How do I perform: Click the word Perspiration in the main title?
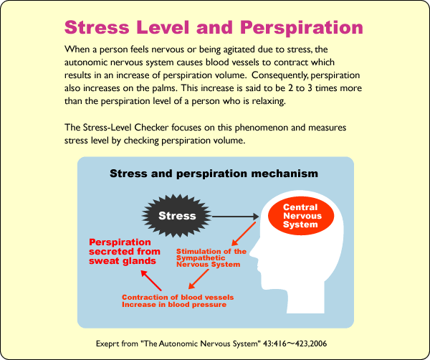[x=302, y=28]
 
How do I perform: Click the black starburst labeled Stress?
[x=177, y=216]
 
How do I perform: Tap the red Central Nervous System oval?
[x=300, y=216]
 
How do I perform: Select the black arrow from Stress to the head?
[x=235, y=217]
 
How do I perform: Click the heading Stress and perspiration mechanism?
[x=214, y=174]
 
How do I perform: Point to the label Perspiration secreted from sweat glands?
[x=125, y=251]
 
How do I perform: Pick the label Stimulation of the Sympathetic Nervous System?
[x=211, y=258]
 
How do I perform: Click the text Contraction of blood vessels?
[x=178, y=297]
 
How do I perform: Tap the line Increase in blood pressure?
[x=174, y=305]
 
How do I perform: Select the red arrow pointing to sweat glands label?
[x=150, y=280]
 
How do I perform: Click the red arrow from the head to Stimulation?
[x=244, y=234]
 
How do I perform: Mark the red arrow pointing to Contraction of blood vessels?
[x=199, y=279]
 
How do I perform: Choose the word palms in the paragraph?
[x=163, y=88]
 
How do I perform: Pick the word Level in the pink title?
[x=163, y=28]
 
